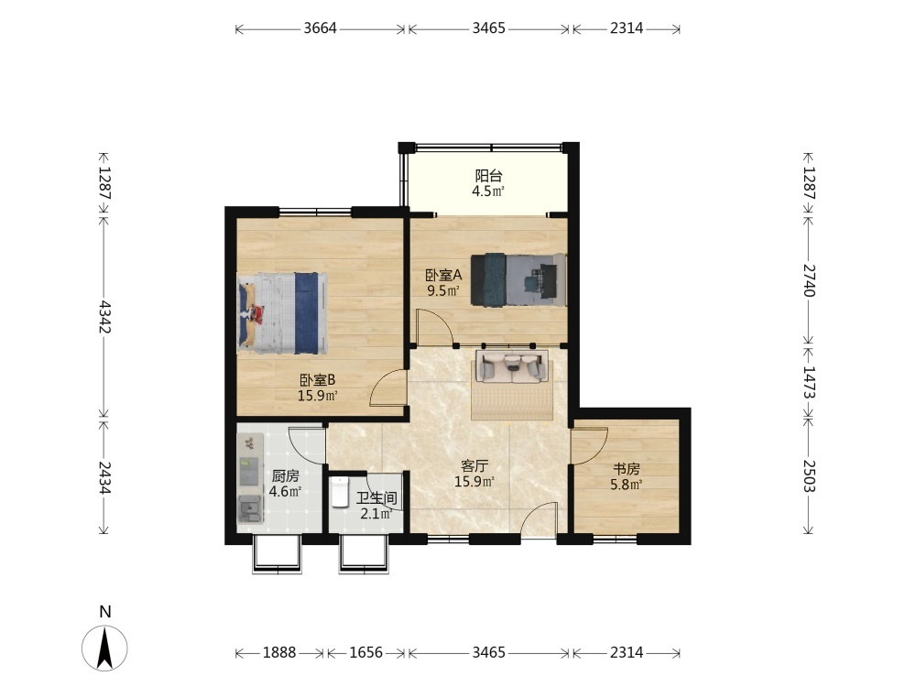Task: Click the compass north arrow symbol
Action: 104,648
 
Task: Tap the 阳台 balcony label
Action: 488,175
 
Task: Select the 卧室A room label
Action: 443,275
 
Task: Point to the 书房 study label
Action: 627,468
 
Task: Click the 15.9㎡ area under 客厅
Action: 474,482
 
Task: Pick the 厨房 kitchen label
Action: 285,475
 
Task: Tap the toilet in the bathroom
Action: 340,492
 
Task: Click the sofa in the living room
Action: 512,366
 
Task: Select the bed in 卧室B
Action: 282,312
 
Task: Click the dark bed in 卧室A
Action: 518,279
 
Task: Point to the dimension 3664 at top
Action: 320,28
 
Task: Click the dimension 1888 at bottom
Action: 279,652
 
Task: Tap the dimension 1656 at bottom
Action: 366,652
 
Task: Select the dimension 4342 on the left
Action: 104,317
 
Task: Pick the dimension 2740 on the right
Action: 808,280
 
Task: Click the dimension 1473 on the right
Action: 808,382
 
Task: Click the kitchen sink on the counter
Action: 250,508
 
